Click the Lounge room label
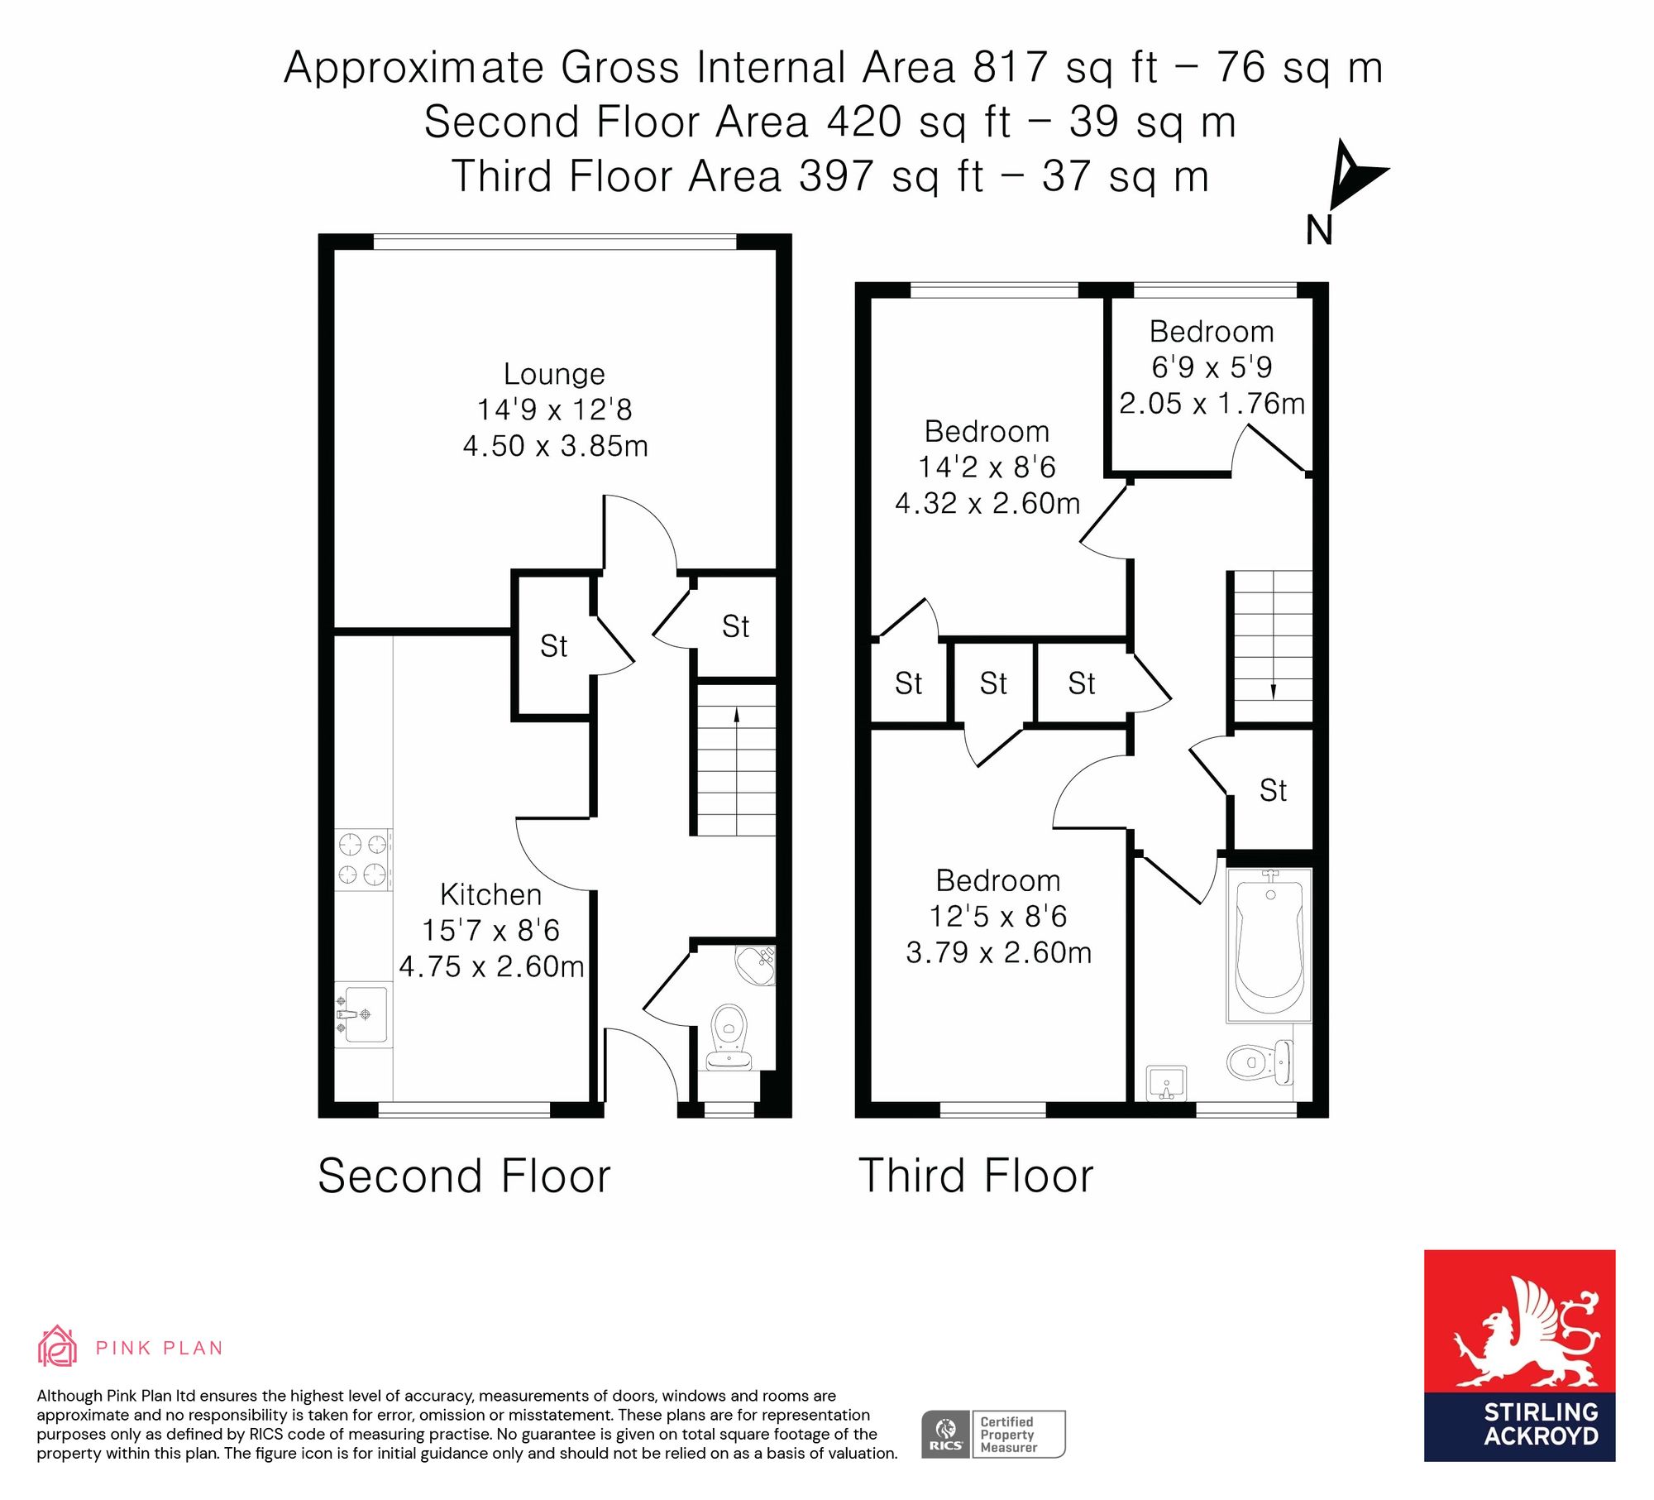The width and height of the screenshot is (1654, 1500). point(554,374)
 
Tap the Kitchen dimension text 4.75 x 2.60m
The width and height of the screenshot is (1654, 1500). point(492,966)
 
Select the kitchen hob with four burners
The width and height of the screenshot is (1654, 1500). point(363,860)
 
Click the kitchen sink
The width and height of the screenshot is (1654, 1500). point(363,1014)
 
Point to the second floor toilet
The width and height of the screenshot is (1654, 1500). point(729,1037)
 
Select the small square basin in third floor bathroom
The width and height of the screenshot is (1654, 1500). point(1167,1083)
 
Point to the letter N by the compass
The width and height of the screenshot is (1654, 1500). point(1319,230)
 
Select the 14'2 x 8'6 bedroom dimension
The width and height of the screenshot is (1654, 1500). point(987,467)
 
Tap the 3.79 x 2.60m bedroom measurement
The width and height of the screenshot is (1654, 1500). point(999,952)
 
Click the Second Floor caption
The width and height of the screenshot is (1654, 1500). point(464,1176)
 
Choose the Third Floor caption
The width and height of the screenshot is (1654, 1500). point(976,1176)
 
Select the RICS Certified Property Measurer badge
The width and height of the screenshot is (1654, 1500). point(993,1434)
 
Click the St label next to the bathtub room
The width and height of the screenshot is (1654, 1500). point(1273,791)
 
